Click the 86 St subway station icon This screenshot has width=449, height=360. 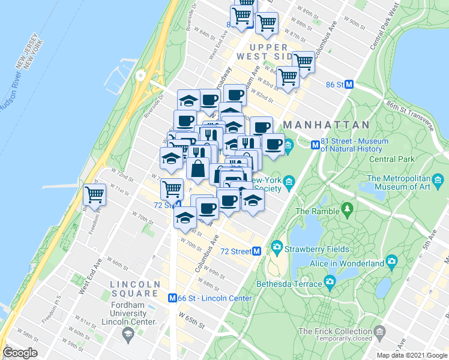coord(348,85)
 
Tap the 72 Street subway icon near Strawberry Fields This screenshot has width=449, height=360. coord(256,251)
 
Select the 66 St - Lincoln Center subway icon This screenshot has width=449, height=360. coord(172,298)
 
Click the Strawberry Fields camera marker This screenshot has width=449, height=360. coord(277,247)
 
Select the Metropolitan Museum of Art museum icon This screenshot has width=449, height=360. coord(439,179)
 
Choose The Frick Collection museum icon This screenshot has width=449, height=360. coord(379,331)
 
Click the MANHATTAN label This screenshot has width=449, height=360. coord(326,125)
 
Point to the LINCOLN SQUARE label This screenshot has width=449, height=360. coord(134,289)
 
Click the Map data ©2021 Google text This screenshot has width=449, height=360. coord(411,355)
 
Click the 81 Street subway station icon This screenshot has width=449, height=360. coord(314,145)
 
